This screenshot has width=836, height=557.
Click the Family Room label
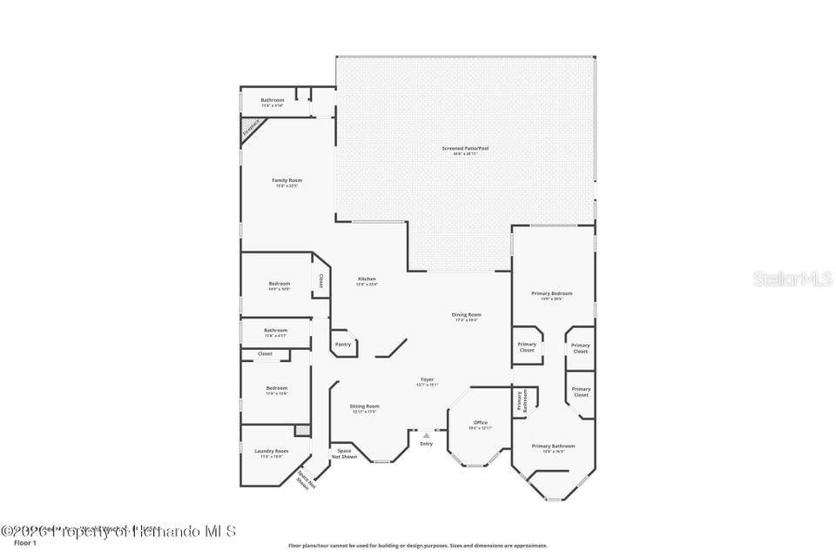tap(287, 180)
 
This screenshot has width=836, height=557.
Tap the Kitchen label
tap(367, 278)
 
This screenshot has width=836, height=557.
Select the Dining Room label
tap(467, 315)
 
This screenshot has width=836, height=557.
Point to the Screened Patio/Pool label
tap(465, 149)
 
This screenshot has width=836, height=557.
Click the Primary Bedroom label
tap(552, 294)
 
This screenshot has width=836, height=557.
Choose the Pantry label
tap(343, 344)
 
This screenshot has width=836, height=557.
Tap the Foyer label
tap(427, 379)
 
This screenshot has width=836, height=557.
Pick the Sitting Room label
tap(365, 406)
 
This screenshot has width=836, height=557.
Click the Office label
tap(481, 422)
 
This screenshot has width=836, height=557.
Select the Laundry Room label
tap(271, 451)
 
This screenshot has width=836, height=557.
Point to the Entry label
tap(426, 444)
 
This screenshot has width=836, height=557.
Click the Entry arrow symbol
tap(426, 435)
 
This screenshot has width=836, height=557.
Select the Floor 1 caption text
tap(25, 542)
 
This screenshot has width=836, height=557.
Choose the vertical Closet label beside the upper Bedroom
tap(320, 281)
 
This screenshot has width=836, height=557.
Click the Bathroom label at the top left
tap(273, 100)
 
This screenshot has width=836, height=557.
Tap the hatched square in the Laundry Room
tap(302, 430)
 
